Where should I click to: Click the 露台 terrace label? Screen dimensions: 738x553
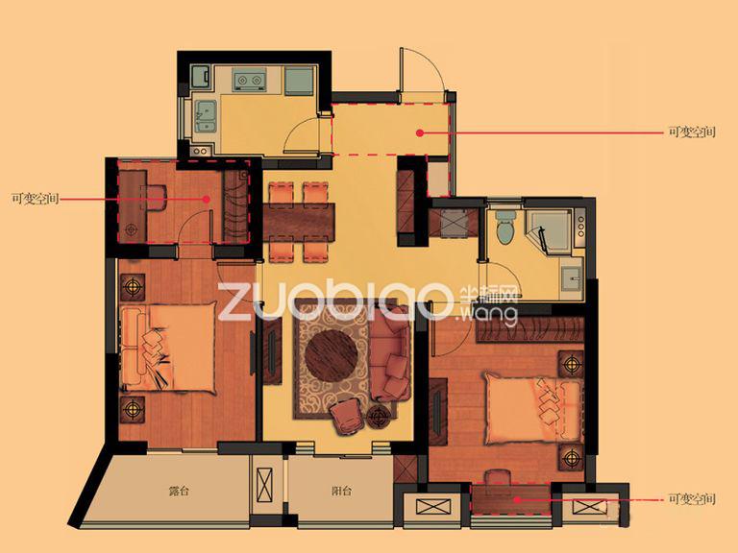pyautogui.click(x=179, y=492)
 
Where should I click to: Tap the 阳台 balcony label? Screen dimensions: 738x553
pyautogui.click(x=342, y=492)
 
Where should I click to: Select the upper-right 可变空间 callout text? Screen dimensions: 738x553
pyautogui.click(x=692, y=132)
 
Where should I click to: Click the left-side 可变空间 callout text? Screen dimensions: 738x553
pyautogui.click(x=36, y=199)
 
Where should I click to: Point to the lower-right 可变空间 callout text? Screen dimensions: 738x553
pyautogui.click(x=692, y=499)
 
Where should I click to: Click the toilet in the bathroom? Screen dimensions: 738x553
pyautogui.click(x=505, y=228)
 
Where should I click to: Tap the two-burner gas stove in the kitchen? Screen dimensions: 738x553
pyautogui.click(x=250, y=80)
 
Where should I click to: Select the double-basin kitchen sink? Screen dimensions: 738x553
pyautogui.click(x=206, y=115)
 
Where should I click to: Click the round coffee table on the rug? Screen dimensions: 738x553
pyautogui.click(x=331, y=354)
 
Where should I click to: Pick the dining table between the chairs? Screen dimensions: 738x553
pyautogui.click(x=299, y=222)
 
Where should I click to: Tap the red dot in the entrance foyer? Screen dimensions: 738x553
pyautogui.click(x=420, y=133)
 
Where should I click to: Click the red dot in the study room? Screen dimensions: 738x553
pyautogui.click(x=207, y=199)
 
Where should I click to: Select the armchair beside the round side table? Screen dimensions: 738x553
pyautogui.click(x=347, y=417)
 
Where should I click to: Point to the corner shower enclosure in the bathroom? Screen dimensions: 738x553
pyautogui.click(x=549, y=230)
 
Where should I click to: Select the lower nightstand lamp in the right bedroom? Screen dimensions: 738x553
pyautogui.click(x=572, y=457)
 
